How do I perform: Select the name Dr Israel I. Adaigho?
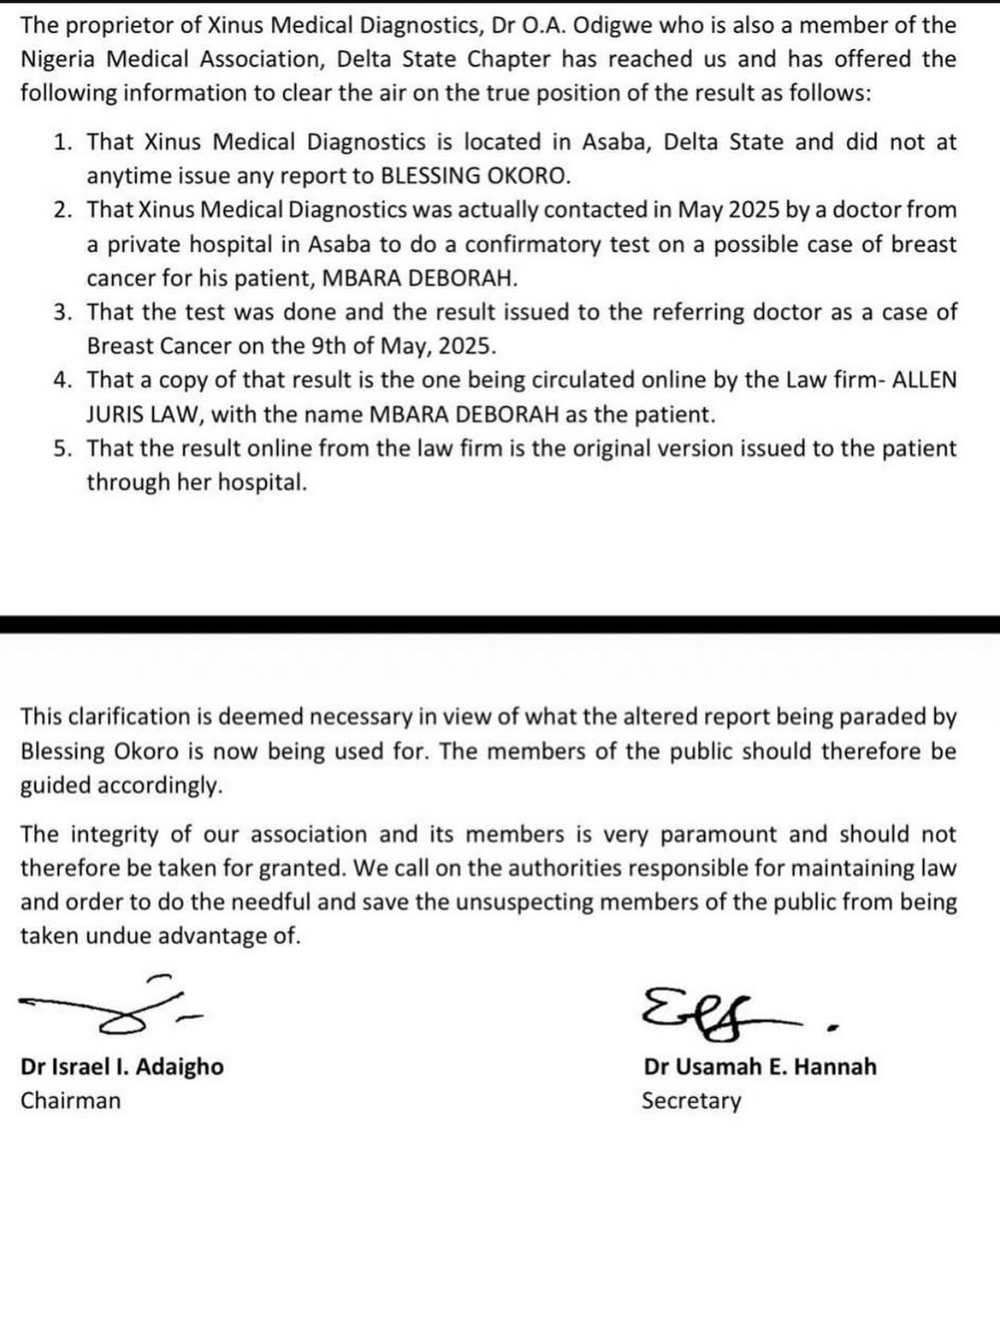122,1066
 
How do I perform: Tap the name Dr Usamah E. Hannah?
759,1066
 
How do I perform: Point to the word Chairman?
70,1101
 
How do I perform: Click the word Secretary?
691,1101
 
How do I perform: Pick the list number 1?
62,143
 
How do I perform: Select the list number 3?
62,313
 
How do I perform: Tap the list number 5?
62,449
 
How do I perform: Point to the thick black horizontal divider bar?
500,624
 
